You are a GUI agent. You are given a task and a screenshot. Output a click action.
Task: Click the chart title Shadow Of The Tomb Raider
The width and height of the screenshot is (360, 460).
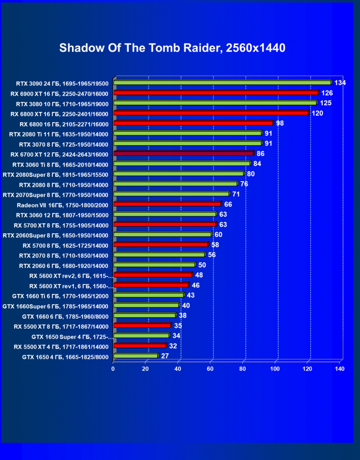pyautogui.click(x=172, y=48)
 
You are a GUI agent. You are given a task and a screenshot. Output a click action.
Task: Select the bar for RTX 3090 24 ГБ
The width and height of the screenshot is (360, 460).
pyautogui.click(x=223, y=83)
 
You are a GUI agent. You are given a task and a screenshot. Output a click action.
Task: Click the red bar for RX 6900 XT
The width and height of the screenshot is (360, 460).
pyautogui.click(x=217, y=93)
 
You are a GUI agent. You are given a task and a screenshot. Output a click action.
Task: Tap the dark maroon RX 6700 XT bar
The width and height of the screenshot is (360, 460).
pyautogui.click(x=184, y=153)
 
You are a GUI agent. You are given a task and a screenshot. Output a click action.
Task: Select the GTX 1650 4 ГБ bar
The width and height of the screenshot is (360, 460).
pyautogui.click(x=136, y=356)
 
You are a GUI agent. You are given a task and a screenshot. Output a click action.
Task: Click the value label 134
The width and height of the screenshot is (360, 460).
pyautogui.click(x=341, y=83)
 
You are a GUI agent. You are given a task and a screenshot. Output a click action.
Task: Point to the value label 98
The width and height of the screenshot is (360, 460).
pyautogui.click(x=280, y=123)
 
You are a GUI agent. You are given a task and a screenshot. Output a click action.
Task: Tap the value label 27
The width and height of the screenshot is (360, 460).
pyautogui.click(x=165, y=356)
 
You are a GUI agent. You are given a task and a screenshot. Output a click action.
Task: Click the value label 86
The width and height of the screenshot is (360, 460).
pyautogui.click(x=260, y=153)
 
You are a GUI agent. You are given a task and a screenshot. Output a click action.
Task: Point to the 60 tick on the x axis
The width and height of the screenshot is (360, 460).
pyautogui.click(x=210, y=369)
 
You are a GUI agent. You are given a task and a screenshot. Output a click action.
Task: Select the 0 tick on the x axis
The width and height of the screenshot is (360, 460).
pyautogui.click(x=113, y=369)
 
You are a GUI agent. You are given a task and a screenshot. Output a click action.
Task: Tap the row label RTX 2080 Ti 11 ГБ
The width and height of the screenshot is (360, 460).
pyautogui.click(x=59, y=134)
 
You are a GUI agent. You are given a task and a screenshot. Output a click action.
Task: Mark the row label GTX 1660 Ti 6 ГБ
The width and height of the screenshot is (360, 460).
pyautogui.click(x=60, y=295)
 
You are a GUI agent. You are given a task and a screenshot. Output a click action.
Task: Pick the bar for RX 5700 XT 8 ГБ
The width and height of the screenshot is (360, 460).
pyautogui.click(x=165, y=224)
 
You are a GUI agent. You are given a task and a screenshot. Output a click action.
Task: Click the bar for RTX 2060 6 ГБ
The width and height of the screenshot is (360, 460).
pyautogui.click(x=155, y=265)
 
